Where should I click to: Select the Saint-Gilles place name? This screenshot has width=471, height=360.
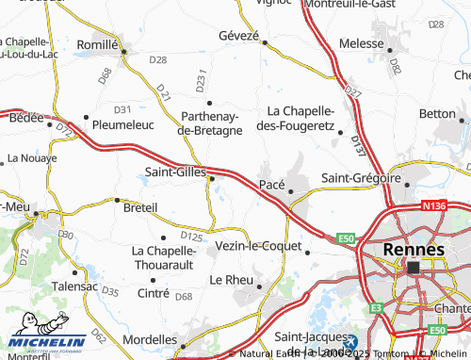tap(175, 172)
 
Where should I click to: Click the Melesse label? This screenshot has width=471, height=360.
tap(363, 42)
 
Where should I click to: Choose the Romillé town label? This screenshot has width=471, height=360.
tap(95, 44)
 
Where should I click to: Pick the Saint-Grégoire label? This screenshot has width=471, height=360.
tap(362, 178)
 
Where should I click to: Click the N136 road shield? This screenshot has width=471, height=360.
tap(434, 204)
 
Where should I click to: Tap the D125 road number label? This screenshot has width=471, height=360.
tap(191, 237)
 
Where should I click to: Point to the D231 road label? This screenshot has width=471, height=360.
tap(201, 81)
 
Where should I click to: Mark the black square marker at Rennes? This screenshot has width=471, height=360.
tap(414, 268)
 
